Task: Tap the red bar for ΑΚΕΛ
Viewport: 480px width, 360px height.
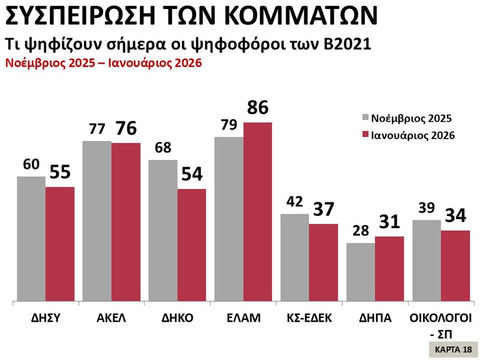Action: click(126, 221)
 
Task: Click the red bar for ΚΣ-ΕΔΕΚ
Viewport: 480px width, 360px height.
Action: click(323, 262)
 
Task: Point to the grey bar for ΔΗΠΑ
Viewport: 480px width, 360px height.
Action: click(361, 271)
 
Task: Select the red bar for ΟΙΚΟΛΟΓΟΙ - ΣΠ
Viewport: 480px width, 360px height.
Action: click(455, 265)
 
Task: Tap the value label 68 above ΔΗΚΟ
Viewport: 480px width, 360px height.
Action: click(162, 148)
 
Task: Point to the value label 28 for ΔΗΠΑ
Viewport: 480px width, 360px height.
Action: click(360, 232)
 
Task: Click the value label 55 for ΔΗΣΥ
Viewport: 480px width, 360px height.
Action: click(60, 172)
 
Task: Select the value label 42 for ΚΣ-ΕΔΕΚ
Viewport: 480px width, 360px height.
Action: click(295, 202)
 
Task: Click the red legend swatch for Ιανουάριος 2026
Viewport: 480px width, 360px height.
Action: click(364, 136)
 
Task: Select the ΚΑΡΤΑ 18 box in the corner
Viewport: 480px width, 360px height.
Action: click(453, 349)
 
